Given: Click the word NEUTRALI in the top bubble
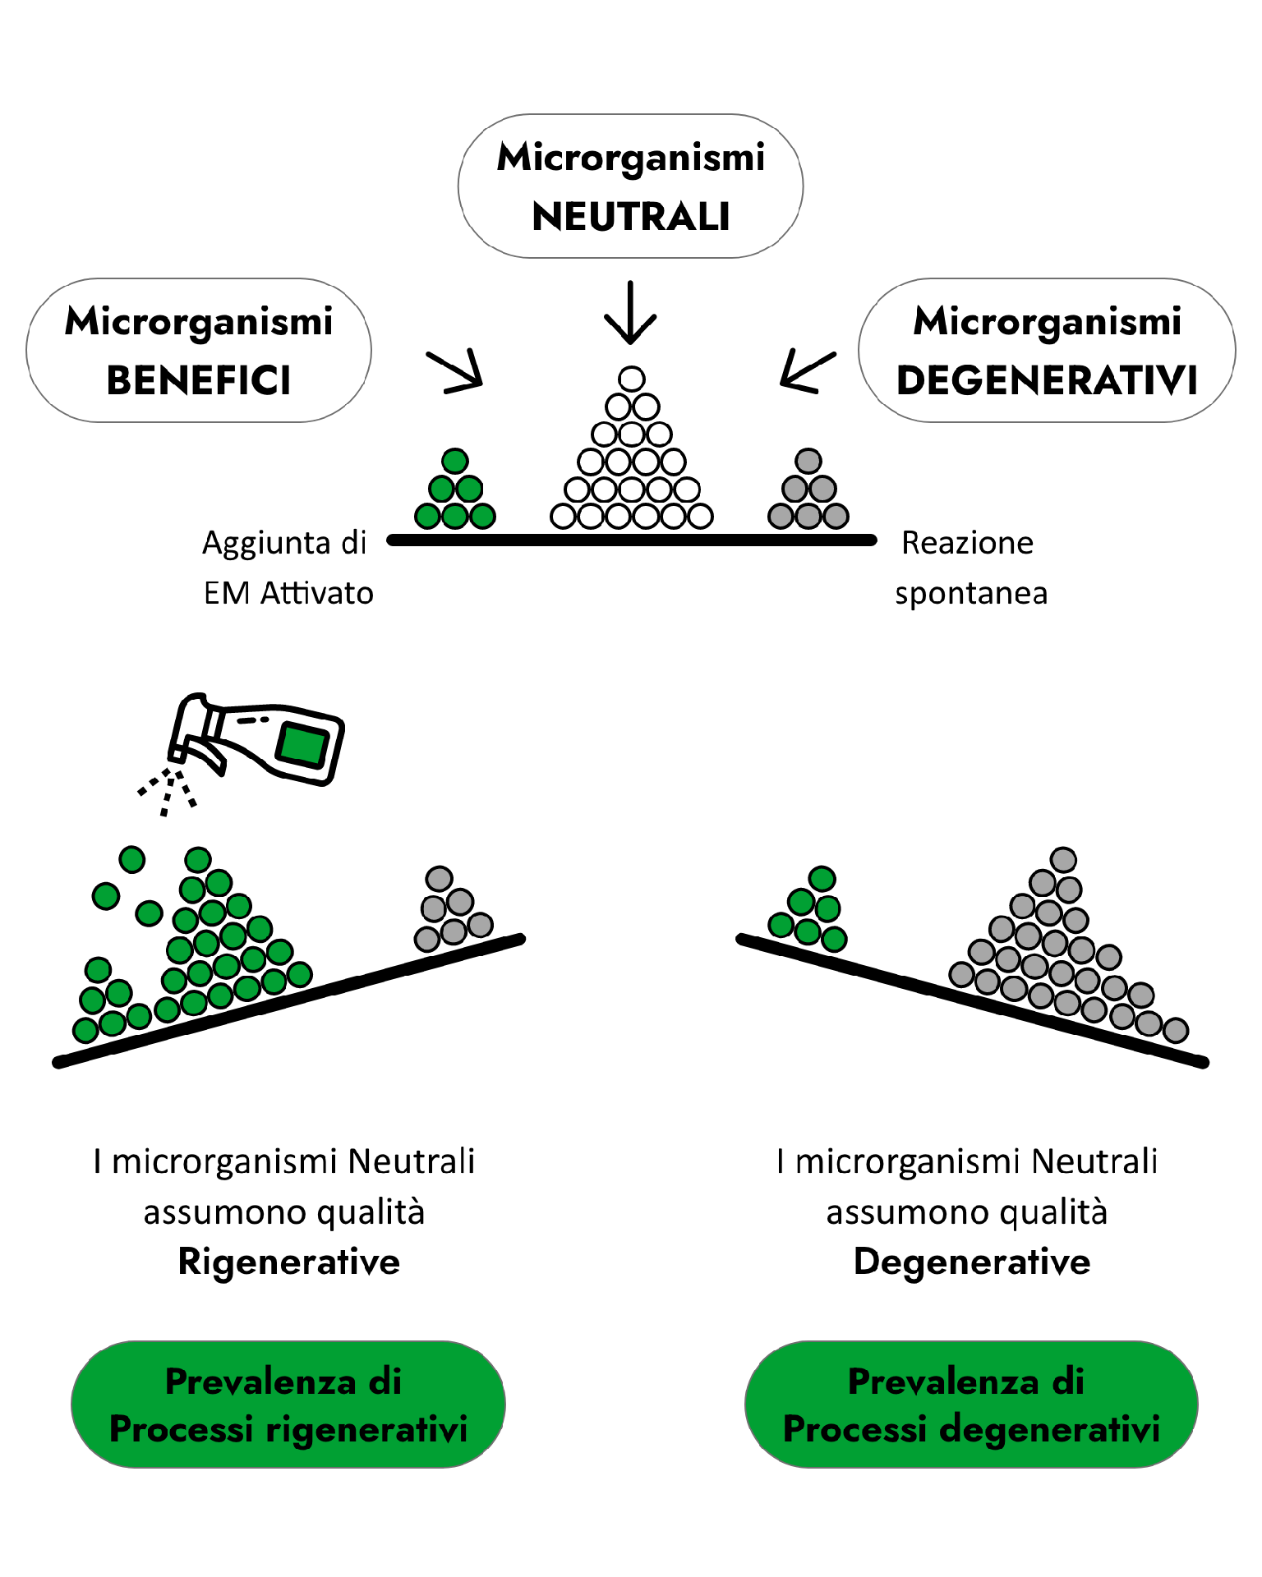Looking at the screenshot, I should point(631,217).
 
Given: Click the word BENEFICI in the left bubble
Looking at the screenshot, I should point(199,380).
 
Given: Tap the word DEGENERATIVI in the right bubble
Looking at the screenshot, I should point(1047,380).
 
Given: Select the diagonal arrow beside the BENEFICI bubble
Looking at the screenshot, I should point(456,371).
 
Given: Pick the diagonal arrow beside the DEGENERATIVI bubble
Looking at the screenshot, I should point(806,370).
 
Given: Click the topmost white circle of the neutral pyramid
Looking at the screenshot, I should point(632,379).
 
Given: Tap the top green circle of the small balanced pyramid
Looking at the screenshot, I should point(455,461).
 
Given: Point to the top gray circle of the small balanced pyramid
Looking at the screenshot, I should point(808,461).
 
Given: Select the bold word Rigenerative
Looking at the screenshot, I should point(288,1262).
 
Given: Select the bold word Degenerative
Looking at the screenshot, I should point(972,1262).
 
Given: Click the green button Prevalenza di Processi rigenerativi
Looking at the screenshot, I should point(288,1405).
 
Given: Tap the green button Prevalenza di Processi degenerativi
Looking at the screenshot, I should point(971,1405).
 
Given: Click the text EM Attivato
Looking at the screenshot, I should point(288,593).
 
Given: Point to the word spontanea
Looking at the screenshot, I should point(971,593).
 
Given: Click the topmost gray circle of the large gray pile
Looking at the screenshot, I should point(1064,860).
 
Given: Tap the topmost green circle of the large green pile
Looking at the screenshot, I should point(198,860).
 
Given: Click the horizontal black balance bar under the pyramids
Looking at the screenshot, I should point(631,540).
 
